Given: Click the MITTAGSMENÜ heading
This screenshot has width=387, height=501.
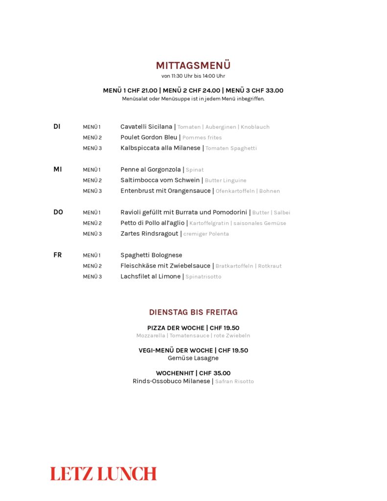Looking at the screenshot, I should coord(193,66).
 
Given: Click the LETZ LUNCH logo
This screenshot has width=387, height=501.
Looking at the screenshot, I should coord(103,474).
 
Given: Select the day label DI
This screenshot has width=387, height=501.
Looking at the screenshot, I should coord(57,127).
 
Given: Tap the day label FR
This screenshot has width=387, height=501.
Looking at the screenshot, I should coord(57,255).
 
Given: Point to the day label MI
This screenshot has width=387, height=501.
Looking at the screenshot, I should coord(58,169).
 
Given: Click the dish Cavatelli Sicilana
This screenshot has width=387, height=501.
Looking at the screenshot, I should coord(146,127).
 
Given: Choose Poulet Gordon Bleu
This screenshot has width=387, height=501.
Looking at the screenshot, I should coord(149,137).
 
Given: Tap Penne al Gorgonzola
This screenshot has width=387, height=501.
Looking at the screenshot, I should coord(151,170).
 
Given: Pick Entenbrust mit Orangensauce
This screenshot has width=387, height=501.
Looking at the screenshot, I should coord(165,191).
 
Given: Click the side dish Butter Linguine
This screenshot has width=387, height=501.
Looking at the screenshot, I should coord(226,181).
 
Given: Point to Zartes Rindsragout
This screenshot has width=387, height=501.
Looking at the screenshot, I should coord(149,234).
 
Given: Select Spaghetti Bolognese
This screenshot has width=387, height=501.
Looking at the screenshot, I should coord(151,255).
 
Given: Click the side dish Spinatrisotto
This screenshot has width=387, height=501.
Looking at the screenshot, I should coord(203,277).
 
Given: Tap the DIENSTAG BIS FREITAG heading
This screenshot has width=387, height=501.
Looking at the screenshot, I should coord(193,312).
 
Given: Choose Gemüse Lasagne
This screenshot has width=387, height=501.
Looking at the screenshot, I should coord(193,358).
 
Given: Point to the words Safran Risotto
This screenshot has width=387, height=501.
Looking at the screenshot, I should coord(234,382).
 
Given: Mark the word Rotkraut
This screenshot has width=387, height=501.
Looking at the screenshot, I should coord(270,266).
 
